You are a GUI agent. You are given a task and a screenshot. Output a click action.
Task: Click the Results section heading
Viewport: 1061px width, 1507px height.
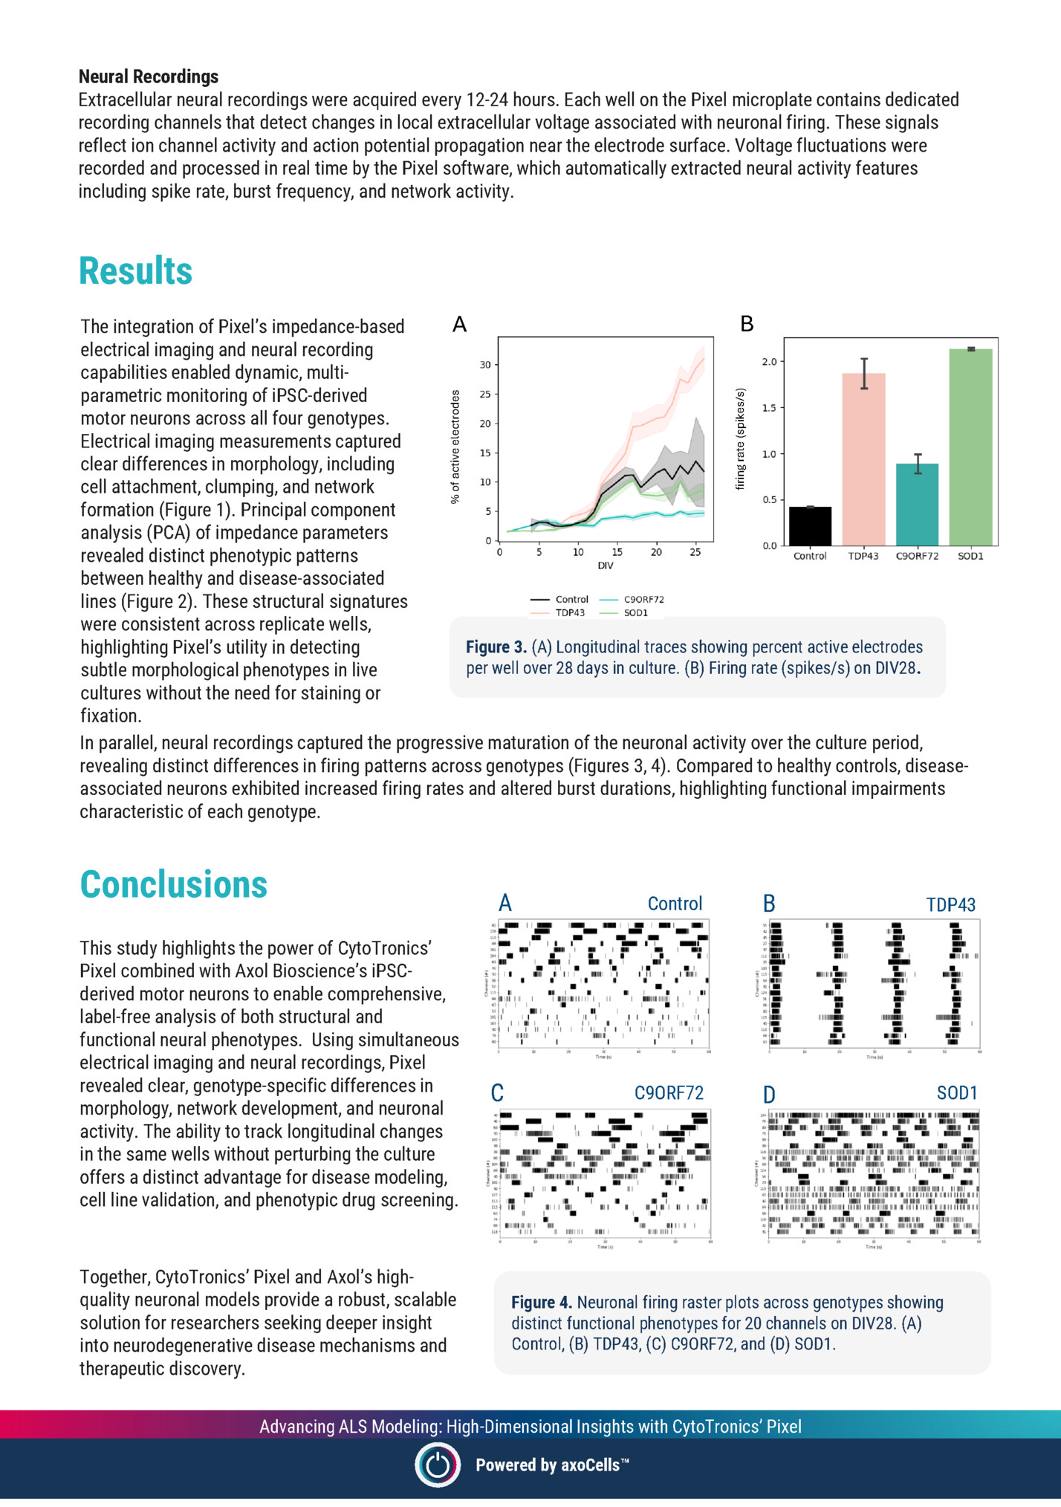click(x=135, y=270)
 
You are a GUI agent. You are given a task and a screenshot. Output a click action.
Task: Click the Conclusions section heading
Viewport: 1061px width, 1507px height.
click(x=173, y=884)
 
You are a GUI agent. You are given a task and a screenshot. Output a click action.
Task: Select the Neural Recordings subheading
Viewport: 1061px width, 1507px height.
click(x=149, y=77)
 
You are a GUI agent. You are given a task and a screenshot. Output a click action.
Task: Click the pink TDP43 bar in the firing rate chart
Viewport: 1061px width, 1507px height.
click(x=863, y=461)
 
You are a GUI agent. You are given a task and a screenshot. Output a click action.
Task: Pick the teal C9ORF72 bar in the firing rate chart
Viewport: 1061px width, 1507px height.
click(x=917, y=505)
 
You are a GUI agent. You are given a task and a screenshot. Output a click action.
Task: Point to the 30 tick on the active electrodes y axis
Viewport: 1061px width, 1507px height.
click(x=485, y=365)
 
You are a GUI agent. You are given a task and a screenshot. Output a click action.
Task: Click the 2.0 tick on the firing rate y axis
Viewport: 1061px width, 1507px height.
click(x=769, y=362)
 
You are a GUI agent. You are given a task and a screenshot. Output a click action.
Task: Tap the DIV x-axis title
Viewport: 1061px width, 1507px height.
click(x=606, y=565)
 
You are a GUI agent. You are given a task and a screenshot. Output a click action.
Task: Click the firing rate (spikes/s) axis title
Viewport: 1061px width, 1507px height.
click(x=740, y=438)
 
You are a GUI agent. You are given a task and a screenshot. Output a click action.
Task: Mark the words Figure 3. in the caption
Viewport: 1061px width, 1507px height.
click(x=496, y=647)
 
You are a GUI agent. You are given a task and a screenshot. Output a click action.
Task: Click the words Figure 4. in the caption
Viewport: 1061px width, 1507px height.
click(x=541, y=1303)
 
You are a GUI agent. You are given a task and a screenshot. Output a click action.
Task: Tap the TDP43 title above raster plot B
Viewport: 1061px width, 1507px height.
click(x=950, y=904)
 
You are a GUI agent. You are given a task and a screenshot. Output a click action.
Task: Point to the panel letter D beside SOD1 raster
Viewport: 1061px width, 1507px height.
click(x=769, y=1095)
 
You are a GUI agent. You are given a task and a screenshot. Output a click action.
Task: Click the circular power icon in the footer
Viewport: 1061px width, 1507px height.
click(x=437, y=1465)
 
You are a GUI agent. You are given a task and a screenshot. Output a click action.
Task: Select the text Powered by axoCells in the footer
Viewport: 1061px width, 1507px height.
click(x=551, y=1465)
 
